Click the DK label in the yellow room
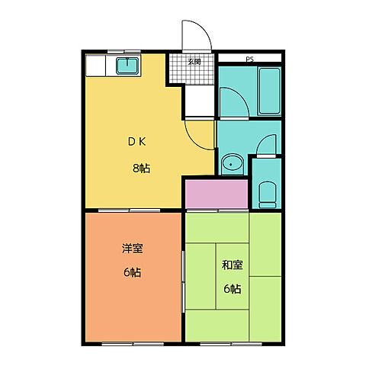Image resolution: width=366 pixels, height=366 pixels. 137,142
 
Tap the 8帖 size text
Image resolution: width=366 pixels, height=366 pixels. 139,168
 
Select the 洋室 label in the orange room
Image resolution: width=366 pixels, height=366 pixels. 133,248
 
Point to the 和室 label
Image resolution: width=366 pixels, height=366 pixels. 232,265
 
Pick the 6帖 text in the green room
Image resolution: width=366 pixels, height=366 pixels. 232,289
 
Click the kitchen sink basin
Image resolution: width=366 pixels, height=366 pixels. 127,66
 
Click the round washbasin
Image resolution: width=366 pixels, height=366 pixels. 232,162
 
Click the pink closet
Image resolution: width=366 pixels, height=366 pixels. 217,194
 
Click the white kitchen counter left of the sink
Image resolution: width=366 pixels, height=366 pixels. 99,66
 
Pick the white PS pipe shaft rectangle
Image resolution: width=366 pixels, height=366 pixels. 249,57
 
